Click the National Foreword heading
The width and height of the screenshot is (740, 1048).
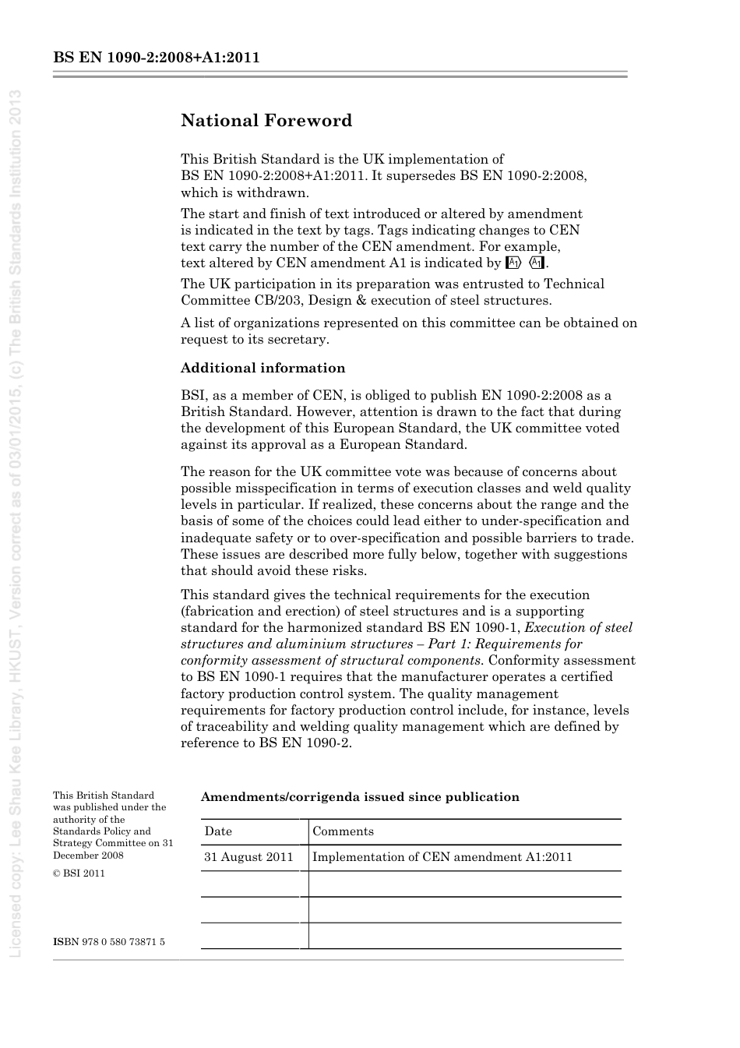coord(266,121)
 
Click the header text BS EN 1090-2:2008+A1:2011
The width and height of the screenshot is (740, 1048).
coord(157,58)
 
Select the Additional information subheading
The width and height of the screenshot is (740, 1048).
coord(263,368)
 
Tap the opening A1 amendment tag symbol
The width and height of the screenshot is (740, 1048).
coord(513,263)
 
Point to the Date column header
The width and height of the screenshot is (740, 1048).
coord(218,831)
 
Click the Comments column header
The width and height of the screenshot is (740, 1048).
coord(343,831)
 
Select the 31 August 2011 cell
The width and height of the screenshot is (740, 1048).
coord(248,857)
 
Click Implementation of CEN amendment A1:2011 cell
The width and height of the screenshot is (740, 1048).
coord(442,857)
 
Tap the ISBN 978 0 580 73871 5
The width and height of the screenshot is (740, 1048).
coord(109,942)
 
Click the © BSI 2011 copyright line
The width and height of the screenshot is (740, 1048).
coord(79,873)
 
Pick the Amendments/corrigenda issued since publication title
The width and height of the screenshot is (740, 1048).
coord(360,797)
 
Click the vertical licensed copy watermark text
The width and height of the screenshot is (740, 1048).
coord(15,522)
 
